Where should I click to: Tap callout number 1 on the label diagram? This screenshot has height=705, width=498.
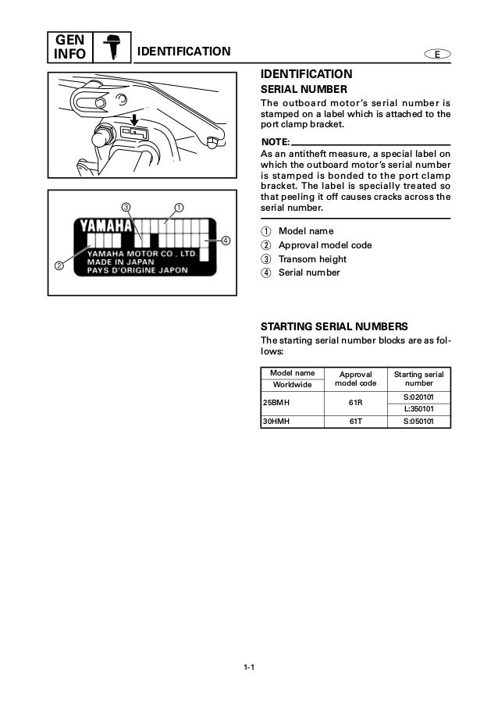(x=178, y=208)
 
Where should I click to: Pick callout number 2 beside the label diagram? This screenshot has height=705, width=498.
(x=59, y=265)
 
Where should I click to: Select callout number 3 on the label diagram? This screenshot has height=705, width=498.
(x=126, y=207)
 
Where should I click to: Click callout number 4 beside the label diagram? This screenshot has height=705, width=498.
(x=226, y=240)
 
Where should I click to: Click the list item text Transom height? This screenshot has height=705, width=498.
(x=312, y=259)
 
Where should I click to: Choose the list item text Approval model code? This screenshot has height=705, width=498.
(x=325, y=245)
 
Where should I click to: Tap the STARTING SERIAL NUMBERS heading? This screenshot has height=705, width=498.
(x=334, y=326)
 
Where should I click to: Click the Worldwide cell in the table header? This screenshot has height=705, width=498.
(x=291, y=385)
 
